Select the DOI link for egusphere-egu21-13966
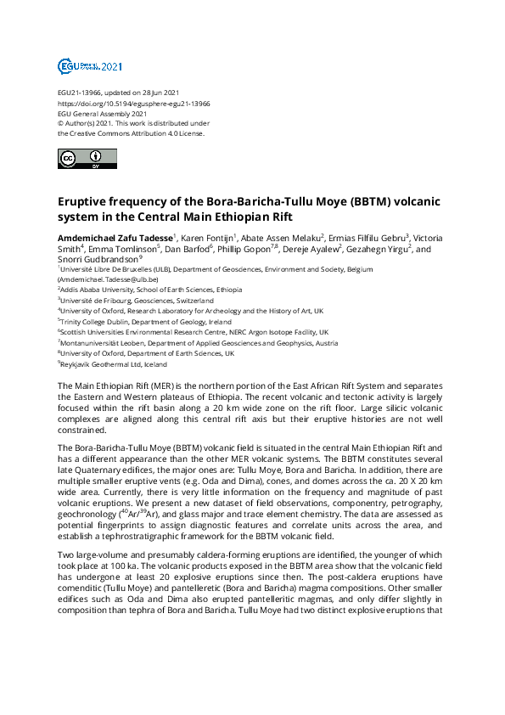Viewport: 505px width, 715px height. click(134, 103)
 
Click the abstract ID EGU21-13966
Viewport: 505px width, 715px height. click(79, 92)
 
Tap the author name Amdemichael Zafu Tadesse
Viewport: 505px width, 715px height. click(114, 237)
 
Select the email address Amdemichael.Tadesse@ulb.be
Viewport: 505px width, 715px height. click(111, 279)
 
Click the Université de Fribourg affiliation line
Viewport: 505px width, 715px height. click(137, 300)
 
